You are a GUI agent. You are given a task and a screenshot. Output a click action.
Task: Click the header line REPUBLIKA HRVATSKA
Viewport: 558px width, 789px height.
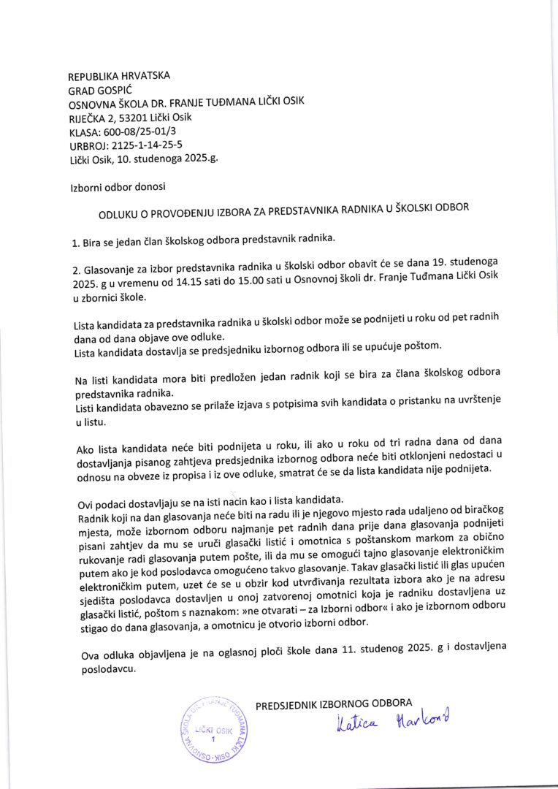(x=118, y=76)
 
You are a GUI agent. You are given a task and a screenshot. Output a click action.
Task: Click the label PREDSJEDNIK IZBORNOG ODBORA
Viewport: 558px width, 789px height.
(x=334, y=704)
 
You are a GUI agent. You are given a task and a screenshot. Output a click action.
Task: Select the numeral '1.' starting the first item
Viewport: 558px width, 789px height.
(x=75, y=240)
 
